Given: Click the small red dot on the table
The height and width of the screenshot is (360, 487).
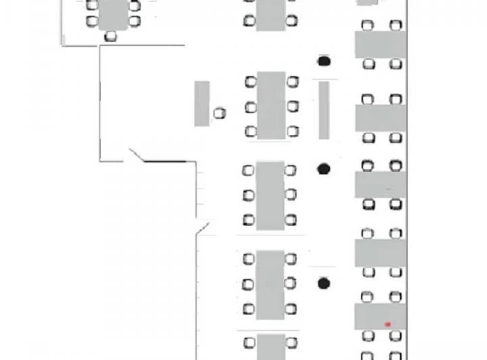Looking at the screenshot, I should point(388,324).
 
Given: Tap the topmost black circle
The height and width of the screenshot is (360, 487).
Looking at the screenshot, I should point(324,62).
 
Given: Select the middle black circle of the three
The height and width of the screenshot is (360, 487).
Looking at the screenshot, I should point(324,168).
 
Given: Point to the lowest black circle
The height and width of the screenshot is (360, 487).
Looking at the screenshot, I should point(324,283).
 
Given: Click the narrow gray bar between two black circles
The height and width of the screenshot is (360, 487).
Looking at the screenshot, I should point(324,110).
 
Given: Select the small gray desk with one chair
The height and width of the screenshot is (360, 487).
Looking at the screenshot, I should point(202,104).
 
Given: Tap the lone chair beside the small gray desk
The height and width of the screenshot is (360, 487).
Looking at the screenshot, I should point(219,113).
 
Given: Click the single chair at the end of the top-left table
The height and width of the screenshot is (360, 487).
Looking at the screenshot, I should point(111,36).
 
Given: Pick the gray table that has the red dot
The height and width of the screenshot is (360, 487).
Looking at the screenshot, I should point(380,316).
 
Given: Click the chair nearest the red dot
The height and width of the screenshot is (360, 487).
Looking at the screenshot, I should point(396,336).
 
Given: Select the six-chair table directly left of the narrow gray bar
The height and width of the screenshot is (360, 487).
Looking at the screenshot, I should point(271,106).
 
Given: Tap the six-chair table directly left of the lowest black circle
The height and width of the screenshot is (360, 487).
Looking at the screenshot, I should point(270,284).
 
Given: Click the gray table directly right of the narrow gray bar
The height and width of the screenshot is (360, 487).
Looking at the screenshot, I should point(380,118).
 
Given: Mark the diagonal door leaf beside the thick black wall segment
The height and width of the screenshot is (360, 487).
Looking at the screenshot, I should point(135,155).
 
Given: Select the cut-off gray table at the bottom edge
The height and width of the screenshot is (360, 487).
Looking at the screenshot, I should point(271,346).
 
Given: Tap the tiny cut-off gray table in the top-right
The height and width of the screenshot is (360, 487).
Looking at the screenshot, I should point(367,2).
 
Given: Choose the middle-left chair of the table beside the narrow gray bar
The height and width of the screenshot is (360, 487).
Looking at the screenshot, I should point(250,107).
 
